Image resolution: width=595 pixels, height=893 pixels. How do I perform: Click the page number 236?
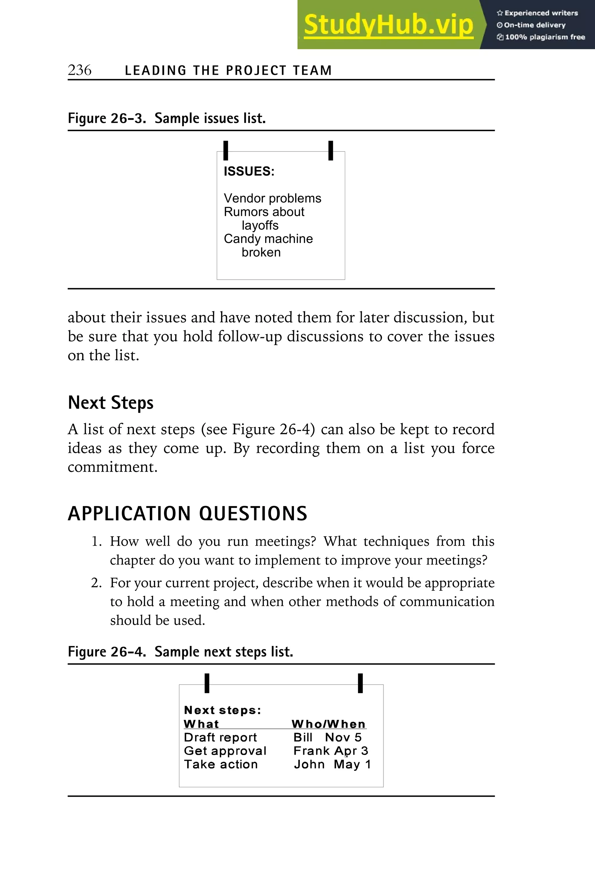coord(79,70)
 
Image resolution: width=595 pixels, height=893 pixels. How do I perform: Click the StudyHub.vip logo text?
coord(388,25)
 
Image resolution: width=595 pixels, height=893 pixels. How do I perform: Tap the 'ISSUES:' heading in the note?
coord(249,171)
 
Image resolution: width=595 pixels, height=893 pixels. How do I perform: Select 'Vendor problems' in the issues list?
coord(272,198)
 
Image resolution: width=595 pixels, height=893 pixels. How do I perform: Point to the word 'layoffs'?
coord(260,225)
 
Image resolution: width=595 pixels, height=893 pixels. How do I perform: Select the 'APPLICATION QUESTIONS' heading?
coord(187,513)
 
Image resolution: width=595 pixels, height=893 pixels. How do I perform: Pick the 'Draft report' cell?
coord(220,737)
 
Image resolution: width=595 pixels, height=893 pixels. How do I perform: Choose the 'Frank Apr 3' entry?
coord(331,751)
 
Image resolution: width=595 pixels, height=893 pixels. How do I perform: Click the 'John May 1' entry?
coord(332,764)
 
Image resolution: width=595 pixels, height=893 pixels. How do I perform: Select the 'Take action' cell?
coord(221,764)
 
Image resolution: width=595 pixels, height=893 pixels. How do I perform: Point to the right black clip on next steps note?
coord(360,683)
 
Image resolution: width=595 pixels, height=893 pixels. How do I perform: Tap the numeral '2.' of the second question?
coord(96,583)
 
